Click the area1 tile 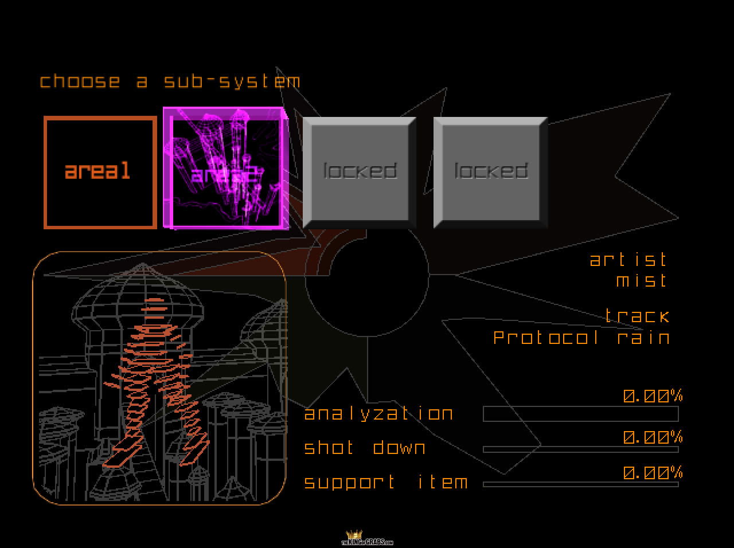(100, 173)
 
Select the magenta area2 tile (224, 169)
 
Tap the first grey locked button (360, 171)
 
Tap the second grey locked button (490, 171)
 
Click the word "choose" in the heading (80, 81)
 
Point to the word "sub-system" (232, 81)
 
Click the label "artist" (629, 260)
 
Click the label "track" (637, 316)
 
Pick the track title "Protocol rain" (581, 337)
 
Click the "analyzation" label (378, 414)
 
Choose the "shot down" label (365, 448)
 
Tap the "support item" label (386, 482)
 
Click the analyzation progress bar (580, 414)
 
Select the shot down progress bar (580, 449)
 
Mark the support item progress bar (580, 484)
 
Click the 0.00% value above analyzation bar (653, 396)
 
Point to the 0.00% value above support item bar (653, 473)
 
